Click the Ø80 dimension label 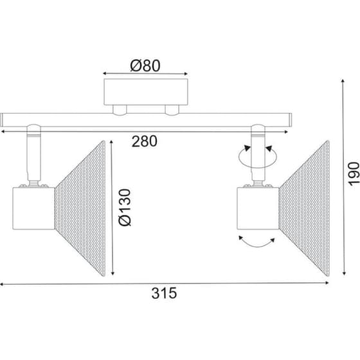[x=145, y=66]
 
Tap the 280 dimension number [x=145, y=141]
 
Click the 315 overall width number [x=164, y=293]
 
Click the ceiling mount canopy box [x=146, y=92]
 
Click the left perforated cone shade [x=80, y=208]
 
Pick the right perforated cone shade [x=305, y=208]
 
